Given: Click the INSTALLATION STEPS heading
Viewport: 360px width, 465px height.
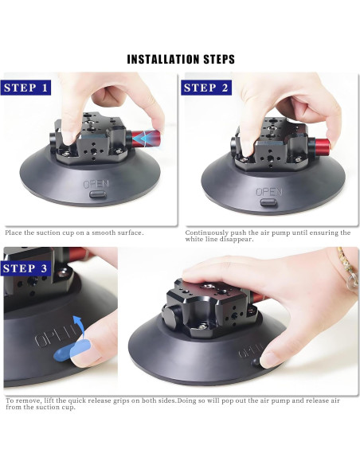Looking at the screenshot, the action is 181,59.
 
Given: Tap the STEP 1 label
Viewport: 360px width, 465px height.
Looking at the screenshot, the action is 25,88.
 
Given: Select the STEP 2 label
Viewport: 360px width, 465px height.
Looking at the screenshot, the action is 206,88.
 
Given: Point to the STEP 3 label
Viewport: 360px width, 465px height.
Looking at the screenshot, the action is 25,268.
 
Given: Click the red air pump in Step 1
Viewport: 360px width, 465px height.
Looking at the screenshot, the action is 145,139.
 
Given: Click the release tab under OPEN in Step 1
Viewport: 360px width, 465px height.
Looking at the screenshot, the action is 97,194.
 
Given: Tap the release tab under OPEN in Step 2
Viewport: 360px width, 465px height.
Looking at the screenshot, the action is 268,202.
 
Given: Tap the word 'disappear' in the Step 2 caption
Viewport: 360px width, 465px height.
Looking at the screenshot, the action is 237,240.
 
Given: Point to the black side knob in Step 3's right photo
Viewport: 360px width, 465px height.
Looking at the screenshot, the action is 171,313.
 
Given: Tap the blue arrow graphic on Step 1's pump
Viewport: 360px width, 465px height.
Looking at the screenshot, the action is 143,139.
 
